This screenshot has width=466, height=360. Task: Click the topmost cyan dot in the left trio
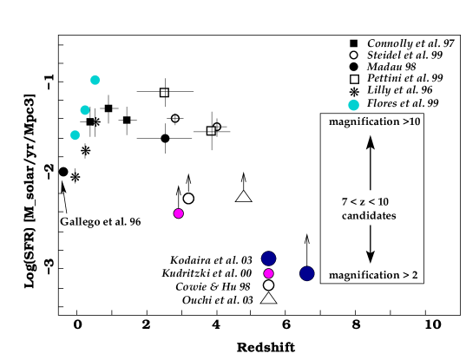tap(95, 80)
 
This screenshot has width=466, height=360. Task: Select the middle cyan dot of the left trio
tap(85, 110)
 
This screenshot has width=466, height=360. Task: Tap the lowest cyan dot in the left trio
tap(75, 135)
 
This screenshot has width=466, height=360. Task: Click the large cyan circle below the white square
tap(353, 105)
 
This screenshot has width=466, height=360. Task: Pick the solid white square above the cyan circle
tap(354, 79)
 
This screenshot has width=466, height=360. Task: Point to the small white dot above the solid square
tap(353, 55)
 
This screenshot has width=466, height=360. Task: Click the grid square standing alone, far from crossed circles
tap(164, 92)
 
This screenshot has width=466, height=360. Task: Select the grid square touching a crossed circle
tap(211, 131)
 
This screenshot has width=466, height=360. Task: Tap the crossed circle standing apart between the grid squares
tap(175, 118)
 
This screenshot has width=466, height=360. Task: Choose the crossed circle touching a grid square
tap(217, 127)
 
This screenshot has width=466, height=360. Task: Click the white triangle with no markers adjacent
tap(244, 197)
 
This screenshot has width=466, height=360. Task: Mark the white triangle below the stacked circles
tap(269, 298)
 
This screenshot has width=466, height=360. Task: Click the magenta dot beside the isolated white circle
tap(178, 213)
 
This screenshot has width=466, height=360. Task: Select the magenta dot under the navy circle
tap(268, 273)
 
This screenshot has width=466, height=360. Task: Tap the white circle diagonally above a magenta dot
tap(188, 199)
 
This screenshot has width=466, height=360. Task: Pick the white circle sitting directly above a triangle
tap(268, 285)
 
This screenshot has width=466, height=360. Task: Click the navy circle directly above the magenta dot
tap(268, 259)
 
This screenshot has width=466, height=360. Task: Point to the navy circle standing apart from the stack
tap(306, 273)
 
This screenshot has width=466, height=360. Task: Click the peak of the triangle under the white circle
tap(269, 293)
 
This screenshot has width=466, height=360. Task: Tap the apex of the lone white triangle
tap(244, 192)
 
